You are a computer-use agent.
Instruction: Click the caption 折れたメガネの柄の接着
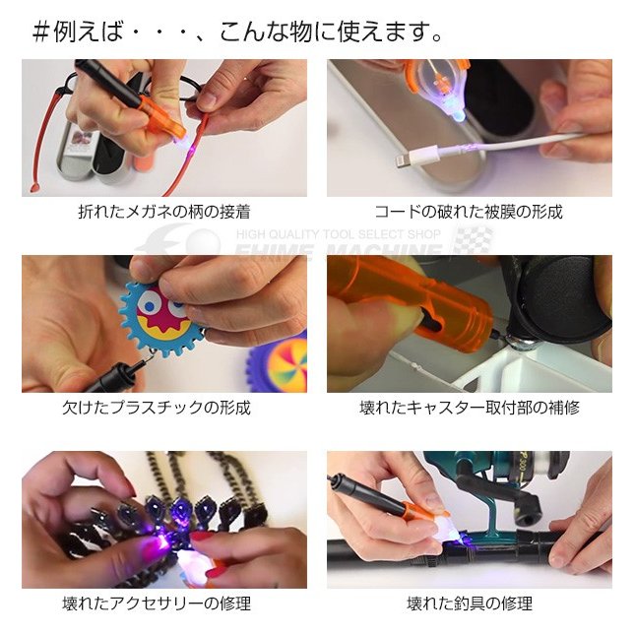(163, 212)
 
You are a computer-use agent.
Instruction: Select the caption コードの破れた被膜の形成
(469, 212)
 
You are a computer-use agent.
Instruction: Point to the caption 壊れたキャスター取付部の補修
(469, 408)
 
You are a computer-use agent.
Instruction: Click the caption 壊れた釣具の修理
(469, 603)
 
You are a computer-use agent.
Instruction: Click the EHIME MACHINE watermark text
(340, 253)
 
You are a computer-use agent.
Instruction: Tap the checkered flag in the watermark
(472, 242)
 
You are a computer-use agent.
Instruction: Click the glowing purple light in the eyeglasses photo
(183, 144)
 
